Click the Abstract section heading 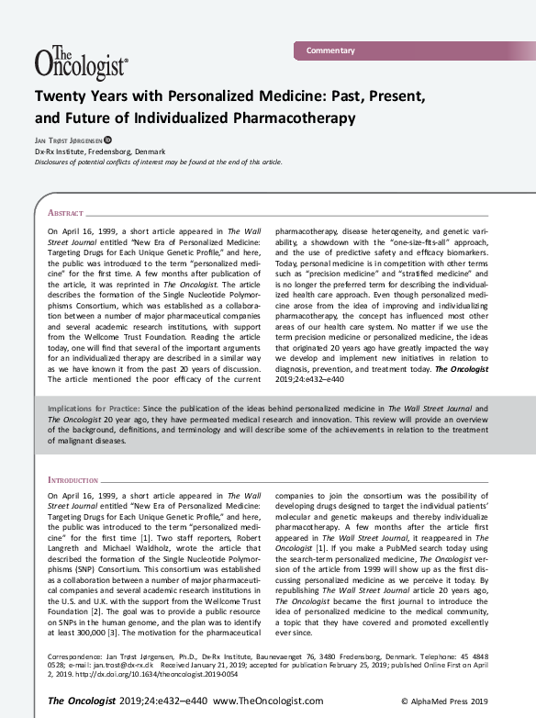[65, 211]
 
